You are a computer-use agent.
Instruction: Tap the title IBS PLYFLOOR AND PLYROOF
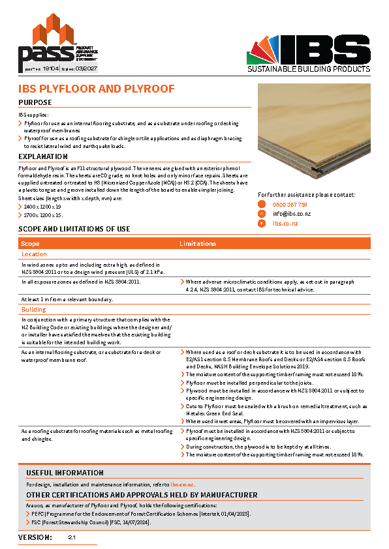(96, 89)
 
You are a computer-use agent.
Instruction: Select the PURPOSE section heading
(35, 102)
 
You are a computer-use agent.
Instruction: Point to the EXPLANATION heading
(43, 156)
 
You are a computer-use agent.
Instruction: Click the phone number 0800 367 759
(290, 205)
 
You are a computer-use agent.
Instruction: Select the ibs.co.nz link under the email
(285, 223)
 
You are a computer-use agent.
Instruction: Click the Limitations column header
(198, 243)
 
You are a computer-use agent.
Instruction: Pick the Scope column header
(31, 243)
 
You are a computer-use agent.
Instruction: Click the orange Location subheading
(34, 254)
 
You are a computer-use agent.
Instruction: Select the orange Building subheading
(34, 310)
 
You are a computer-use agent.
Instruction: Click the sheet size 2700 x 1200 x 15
(44, 215)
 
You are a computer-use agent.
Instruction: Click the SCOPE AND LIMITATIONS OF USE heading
(74, 229)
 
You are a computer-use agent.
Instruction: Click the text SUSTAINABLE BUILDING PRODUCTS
(309, 68)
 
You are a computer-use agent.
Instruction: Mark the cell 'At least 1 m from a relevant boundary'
(67, 299)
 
